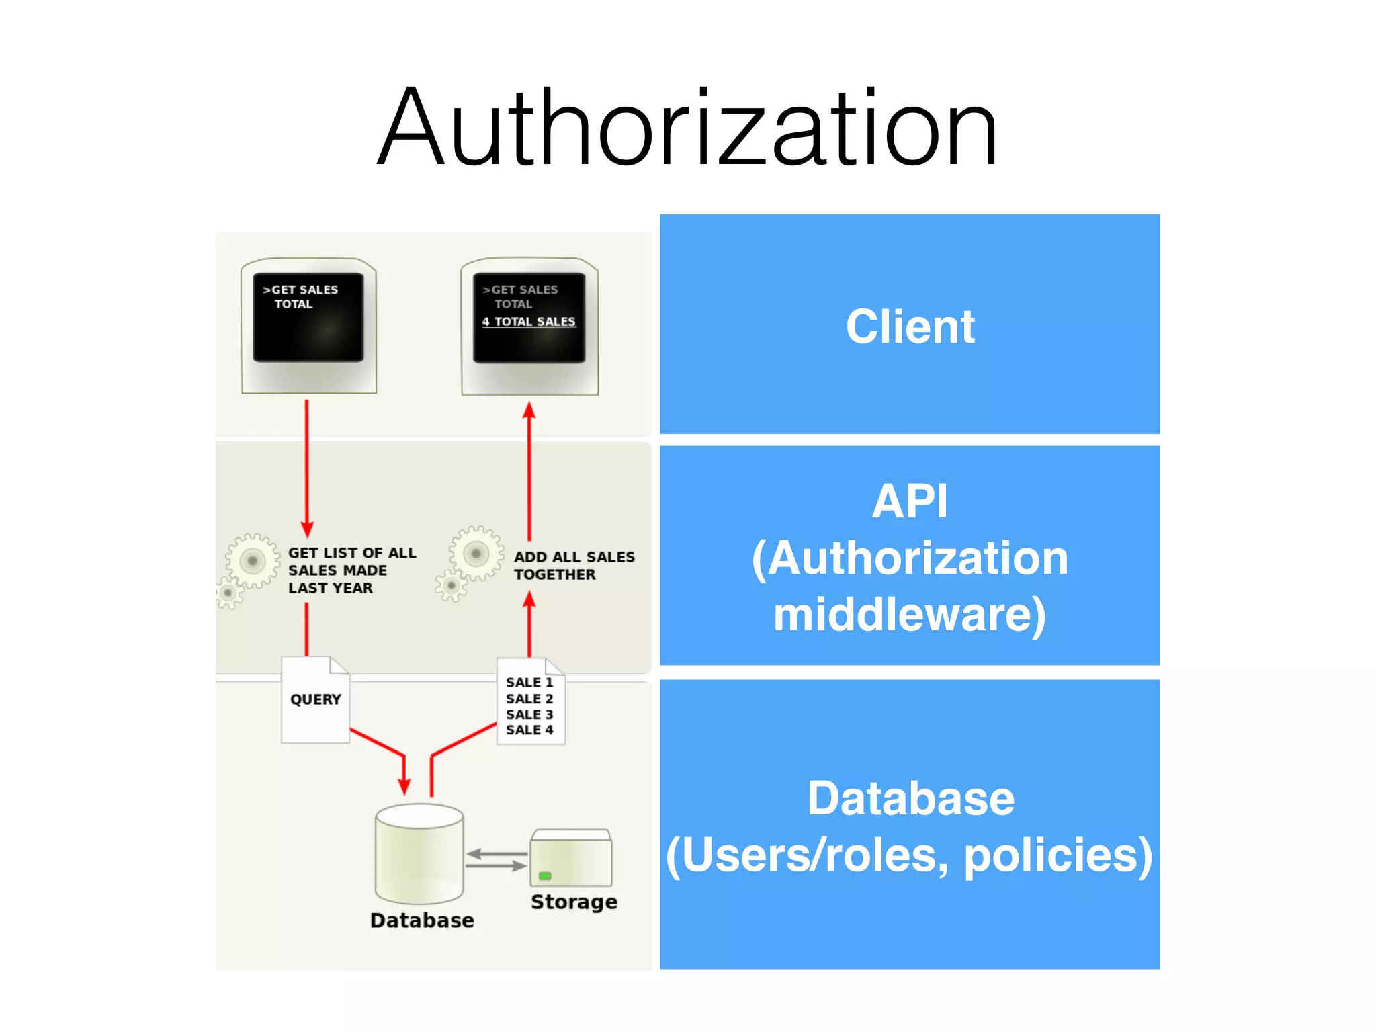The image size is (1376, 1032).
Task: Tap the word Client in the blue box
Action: [x=910, y=327]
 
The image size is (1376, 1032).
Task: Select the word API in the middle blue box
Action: [x=910, y=501]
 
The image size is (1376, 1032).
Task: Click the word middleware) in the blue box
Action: [x=910, y=614]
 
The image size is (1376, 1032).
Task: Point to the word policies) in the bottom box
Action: [x=1058, y=856]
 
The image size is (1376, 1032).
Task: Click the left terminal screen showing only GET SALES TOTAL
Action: [x=308, y=318]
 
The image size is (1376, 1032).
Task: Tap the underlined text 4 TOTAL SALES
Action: [x=529, y=322]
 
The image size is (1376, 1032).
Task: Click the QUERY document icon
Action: [x=315, y=700]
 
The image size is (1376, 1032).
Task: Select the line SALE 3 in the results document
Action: [x=529, y=714]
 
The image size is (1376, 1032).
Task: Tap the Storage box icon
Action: [x=571, y=858]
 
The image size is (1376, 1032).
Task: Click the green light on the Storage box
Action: [x=545, y=876]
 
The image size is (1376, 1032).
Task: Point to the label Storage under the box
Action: [x=574, y=902]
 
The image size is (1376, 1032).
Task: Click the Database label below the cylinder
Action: [x=422, y=920]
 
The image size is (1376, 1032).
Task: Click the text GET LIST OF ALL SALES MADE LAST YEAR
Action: [x=351, y=570]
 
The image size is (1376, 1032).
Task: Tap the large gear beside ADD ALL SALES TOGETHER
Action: [x=476, y=554]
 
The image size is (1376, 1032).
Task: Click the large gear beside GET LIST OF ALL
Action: [x=253, y=560]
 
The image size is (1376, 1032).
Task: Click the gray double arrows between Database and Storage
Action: [x=497, y=860]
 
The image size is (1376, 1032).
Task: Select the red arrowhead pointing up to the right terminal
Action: [x=529, y=410]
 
